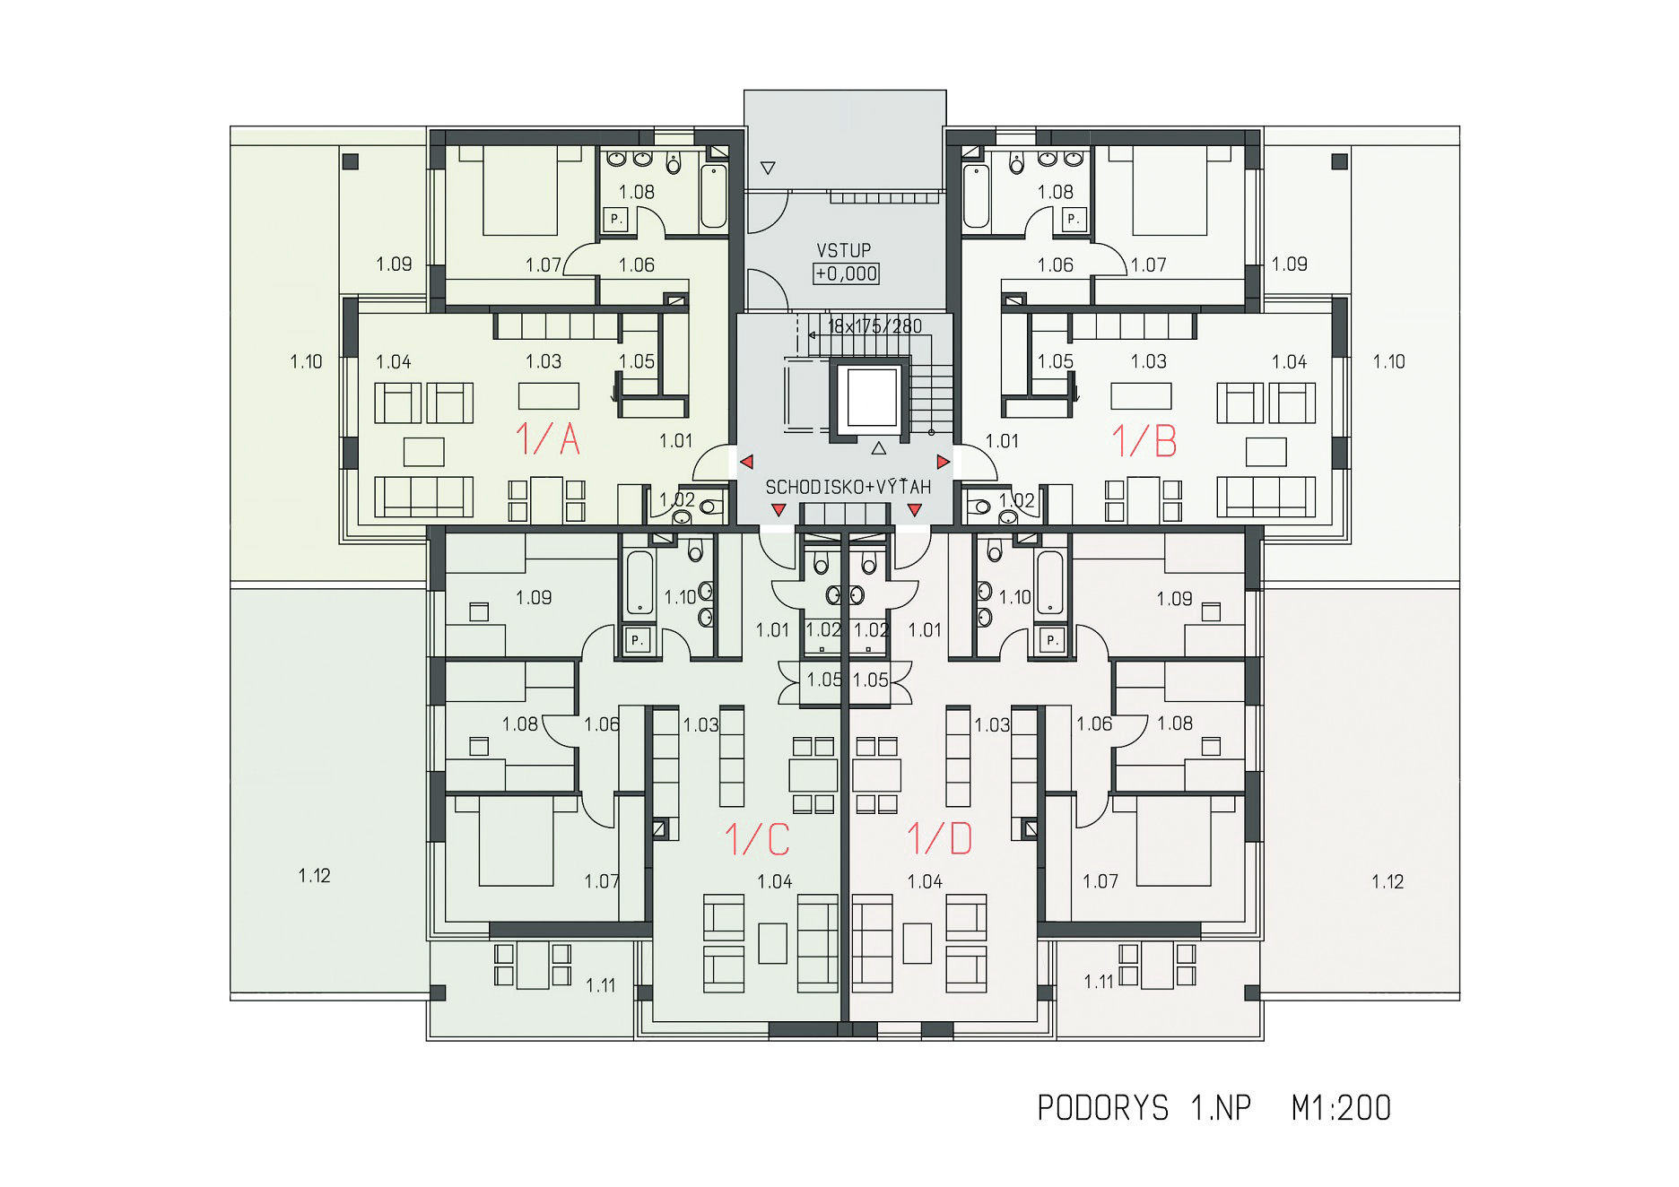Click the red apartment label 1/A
547,439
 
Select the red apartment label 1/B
1144,439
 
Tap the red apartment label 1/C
757,839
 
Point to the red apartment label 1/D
939,839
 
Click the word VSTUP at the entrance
843,250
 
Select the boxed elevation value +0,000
846,273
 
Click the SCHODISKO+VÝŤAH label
848,487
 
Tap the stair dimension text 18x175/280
874,326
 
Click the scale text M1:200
1341,1108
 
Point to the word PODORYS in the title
1102,1108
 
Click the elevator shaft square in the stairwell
872,396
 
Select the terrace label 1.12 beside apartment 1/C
314,875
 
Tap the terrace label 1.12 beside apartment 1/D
1387,881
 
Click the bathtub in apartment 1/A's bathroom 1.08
714,195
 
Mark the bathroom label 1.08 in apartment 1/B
1055,192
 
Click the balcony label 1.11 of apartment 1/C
600,985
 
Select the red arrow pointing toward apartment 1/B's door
943,462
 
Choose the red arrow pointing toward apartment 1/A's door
746,462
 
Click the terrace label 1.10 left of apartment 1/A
306,361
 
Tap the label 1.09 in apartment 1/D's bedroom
1174,598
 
